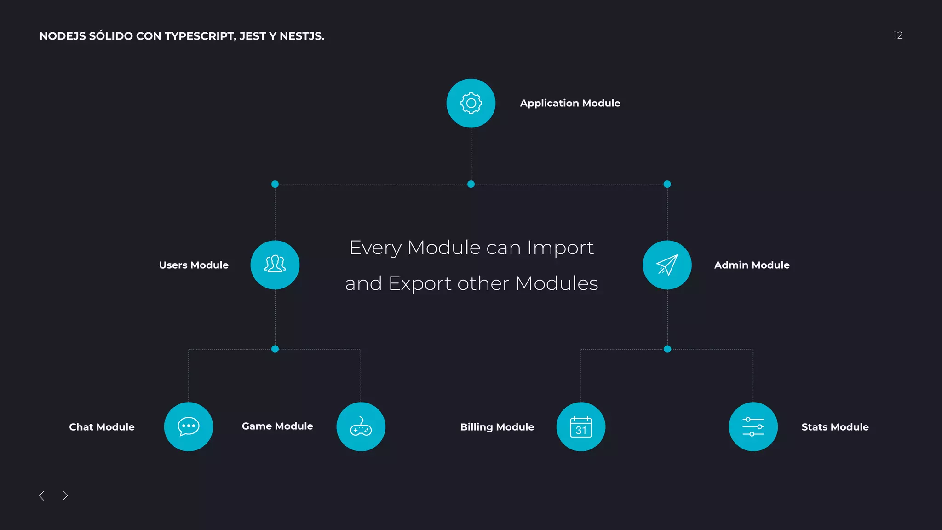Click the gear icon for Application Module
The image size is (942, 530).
pos(471,103)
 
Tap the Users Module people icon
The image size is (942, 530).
pos(275,265)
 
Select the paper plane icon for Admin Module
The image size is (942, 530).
pos(667,265)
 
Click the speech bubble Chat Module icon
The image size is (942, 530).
pos(189,426)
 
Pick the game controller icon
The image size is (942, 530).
pos(361,426)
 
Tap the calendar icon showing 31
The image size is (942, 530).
pos(581,426)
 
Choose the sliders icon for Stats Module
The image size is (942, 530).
pos(753,426)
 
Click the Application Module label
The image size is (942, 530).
pos(570,103)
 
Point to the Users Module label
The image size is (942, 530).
pos(194,265)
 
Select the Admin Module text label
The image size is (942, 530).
pos(752,265)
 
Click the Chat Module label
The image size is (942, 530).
pos(102,427)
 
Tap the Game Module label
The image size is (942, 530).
pos(277,426)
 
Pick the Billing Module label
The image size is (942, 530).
pos(497,427)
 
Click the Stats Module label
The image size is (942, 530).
pos(835,427)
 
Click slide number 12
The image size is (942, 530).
pos(898,35)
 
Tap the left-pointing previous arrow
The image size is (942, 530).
pos(42,495)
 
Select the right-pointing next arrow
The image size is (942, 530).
pos(65,495)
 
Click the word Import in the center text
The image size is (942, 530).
pos(560,248)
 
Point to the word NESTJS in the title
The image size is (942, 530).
pos(301,36)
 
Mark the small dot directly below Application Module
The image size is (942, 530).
pos(471,184)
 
